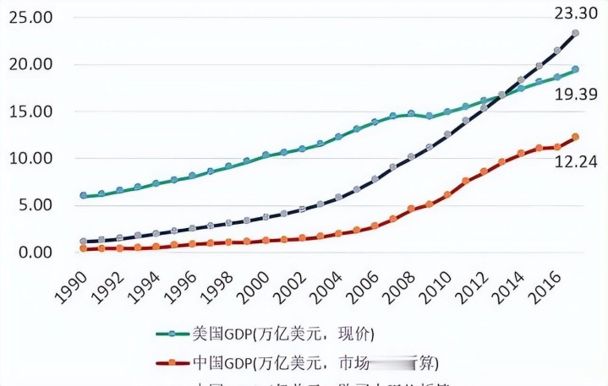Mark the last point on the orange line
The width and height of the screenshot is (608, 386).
(x=575, y=137)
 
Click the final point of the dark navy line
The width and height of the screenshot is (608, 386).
(x=575, y=33)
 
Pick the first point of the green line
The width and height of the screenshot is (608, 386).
(x=83, y=196)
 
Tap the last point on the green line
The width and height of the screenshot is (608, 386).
(x=575, y=69)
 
